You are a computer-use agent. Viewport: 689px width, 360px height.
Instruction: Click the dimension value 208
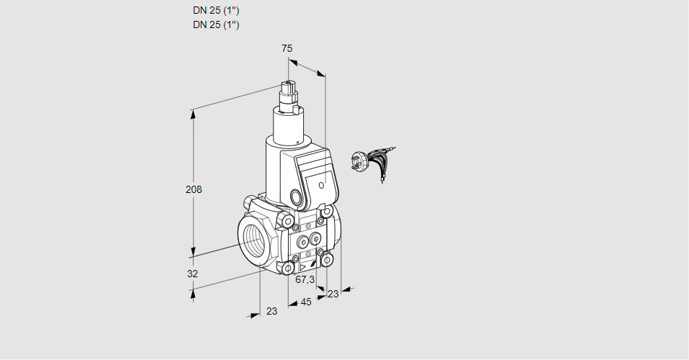point(194,189)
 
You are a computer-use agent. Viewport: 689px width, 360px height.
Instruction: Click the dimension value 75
point(287,48)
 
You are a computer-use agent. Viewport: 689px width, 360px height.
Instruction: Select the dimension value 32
point(192,274)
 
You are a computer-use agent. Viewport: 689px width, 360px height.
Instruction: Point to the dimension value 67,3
point(305,279)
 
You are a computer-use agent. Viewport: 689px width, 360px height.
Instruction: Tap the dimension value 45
point(306,302)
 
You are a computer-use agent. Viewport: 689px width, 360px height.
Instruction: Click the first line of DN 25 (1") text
point(216,11)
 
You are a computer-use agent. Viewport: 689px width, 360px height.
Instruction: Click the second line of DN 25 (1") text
point(216,25)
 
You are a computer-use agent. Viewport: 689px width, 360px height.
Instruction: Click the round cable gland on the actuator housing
point(297,197)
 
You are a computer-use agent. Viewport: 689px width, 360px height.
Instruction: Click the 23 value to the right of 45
point(333,294)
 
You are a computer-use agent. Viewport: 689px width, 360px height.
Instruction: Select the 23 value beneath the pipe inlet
point(271,311)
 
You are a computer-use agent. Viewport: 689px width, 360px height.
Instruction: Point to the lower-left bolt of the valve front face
point(289,268)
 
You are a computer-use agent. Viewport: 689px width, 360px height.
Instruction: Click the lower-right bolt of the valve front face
point(328,258)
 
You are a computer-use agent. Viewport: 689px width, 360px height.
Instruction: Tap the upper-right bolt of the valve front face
point(328,212)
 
